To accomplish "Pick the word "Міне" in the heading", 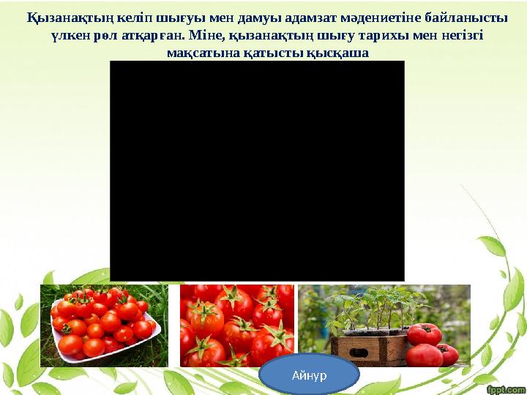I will (206, 35).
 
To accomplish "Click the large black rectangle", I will (257, 170).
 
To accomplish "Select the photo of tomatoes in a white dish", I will (104, 325).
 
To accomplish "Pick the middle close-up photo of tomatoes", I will (236, 325).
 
